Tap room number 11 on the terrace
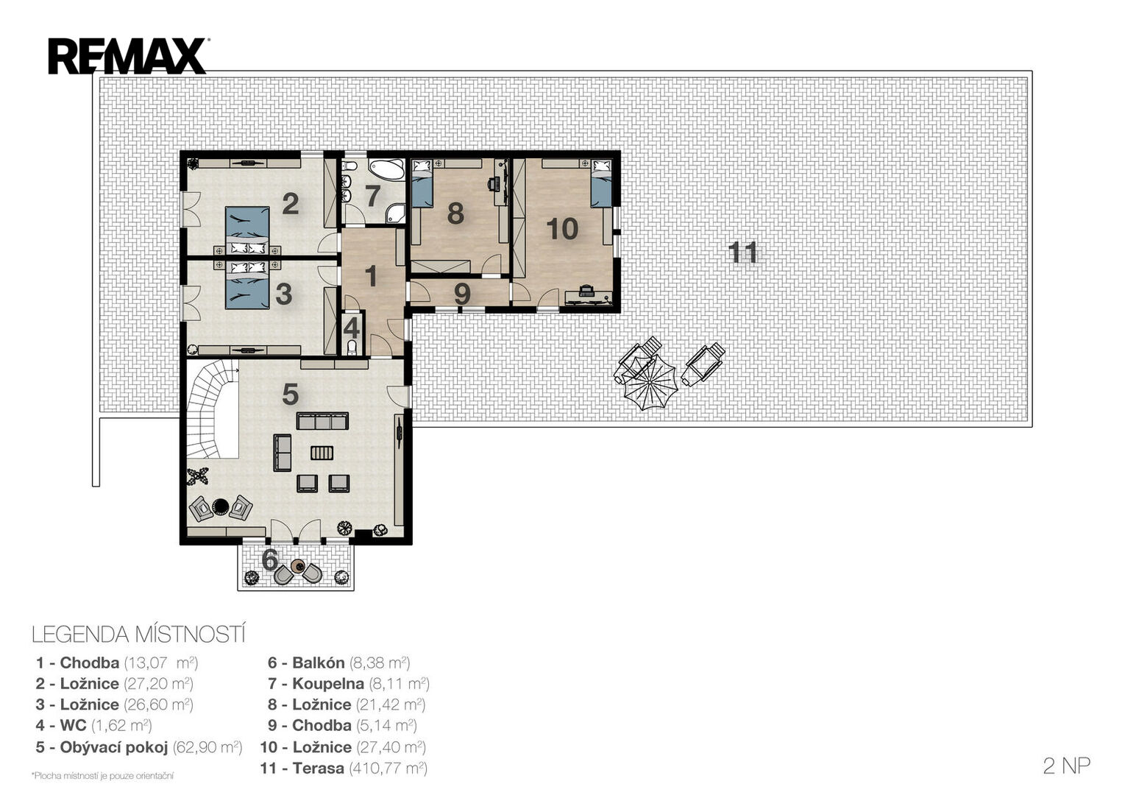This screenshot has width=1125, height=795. pyautogui.click(x=742, y=252)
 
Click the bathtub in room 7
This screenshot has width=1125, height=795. pyautogui.click(x=387, y=170)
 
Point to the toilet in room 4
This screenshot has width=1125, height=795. pyautogui.click(x=352, y=347)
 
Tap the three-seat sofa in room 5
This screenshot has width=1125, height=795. pyautogui.click(x=322, y=421)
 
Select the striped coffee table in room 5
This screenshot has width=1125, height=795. pyautogui.click(x=322, y=453)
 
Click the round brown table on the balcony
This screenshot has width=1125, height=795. pyautogui.click(x=298, y=566)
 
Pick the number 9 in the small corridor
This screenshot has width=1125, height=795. pyautogui.click(x=462, y=294)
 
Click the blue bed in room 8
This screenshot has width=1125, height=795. pyautogui.click(x=422, y=183)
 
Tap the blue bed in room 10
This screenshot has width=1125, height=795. pyautogui.click(x=601, y=183)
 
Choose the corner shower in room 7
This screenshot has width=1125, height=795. pyautogui.click(x=396, y=213)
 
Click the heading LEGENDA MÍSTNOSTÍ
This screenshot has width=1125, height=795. pyautogui.click(x=138, y=635)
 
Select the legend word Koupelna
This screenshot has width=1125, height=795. pyautogui.click(x=328, y=683)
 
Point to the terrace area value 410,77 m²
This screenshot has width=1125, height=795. pyautogui.click(x=388, y=768)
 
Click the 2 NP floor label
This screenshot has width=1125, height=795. pyautogui.click(x=1066, y=766)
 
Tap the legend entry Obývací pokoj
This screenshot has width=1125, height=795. pyautogui.click(x=114, y=747)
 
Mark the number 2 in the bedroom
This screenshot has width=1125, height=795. pyautogui.click(x=291, y=204)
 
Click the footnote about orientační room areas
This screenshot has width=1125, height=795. pyautogui.click(x=102, y=776)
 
